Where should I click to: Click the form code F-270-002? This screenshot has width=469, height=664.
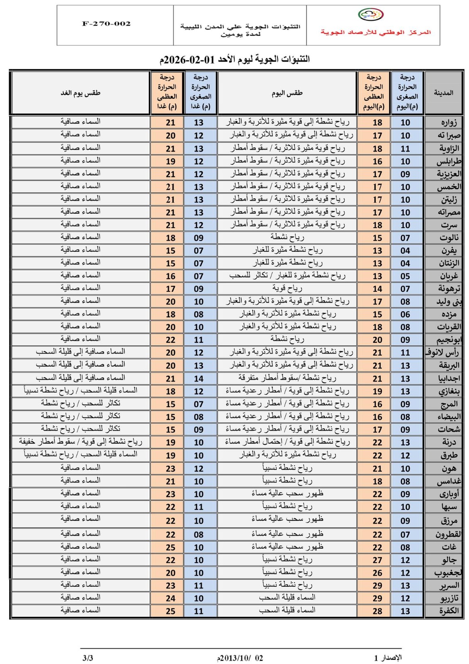(x=106, y=24)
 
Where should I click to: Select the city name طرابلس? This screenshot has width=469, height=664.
(x=449, y=161)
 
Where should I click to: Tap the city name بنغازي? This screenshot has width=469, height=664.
(x=449, y=391)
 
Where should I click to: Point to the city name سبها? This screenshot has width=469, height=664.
(x=449, y=507)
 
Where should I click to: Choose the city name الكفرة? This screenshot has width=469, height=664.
(x=448, y=611)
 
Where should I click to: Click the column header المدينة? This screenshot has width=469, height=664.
(x=443, y=93)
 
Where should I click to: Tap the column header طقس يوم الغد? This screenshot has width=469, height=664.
(x=80, y=93)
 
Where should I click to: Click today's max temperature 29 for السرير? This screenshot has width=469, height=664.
(x=377, y=586)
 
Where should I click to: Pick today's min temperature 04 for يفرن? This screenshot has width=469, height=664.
(x=405, y=251)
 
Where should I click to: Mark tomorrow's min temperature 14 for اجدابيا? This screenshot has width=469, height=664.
(x=199, y=378)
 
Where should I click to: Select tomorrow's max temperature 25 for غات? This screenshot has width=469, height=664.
(x=170, y=547)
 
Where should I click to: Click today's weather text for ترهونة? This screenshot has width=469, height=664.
(x=287, y=288)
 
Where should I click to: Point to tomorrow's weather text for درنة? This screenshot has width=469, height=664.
(x=80, y=442)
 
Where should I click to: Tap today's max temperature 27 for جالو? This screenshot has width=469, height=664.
(x=377, y=560)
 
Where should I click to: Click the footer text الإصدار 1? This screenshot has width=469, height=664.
(x=388, y=658)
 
